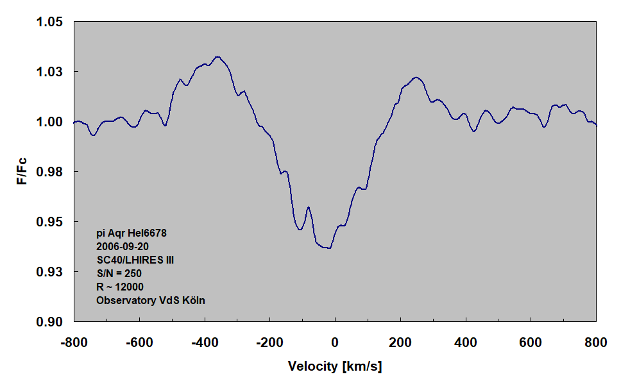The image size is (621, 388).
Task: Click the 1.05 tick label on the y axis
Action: click(49, 22)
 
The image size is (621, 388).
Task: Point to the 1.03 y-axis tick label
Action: click(49, 72)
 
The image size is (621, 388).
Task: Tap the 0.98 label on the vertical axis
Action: click(49, 172)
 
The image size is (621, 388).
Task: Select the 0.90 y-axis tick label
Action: click(49, 322)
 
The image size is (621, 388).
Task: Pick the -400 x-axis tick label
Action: click(205, 343)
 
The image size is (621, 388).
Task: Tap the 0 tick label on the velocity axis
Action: click(335, 343)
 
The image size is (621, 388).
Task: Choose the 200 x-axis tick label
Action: click(400, 343)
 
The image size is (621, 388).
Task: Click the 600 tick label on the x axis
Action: click(531, 343)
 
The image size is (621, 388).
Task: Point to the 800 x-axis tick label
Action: click(596, 343)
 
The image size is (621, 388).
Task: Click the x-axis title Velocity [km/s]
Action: click(335, 367)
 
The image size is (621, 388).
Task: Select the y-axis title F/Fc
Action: click(21, 172)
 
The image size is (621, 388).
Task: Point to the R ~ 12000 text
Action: click(119, 287)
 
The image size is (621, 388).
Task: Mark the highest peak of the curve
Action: click(218, 56)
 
